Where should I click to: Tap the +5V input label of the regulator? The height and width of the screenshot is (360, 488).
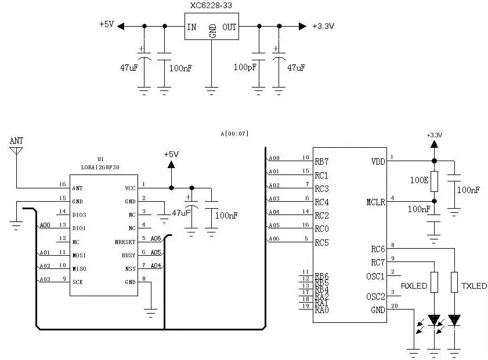coord(107,26)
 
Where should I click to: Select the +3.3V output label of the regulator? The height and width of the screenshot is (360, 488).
coord(323,26)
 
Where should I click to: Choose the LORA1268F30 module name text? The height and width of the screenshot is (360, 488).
coord(101,168)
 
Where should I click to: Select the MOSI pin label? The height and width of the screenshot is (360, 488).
coord(79,255)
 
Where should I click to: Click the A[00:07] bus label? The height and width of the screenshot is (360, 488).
coord(234,134)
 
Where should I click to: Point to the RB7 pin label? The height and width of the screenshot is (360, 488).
coord(321,161)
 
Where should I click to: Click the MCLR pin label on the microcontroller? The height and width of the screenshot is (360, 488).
coord(375,202)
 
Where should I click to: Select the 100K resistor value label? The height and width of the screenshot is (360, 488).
coord(419,181)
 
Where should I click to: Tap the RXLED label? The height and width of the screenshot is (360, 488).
coord(414,286)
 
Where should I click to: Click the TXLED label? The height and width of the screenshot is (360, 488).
coord(474,286)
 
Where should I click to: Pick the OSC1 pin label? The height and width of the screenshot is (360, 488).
coord(375,276)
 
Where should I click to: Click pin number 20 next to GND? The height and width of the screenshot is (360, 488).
coord(395,306)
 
